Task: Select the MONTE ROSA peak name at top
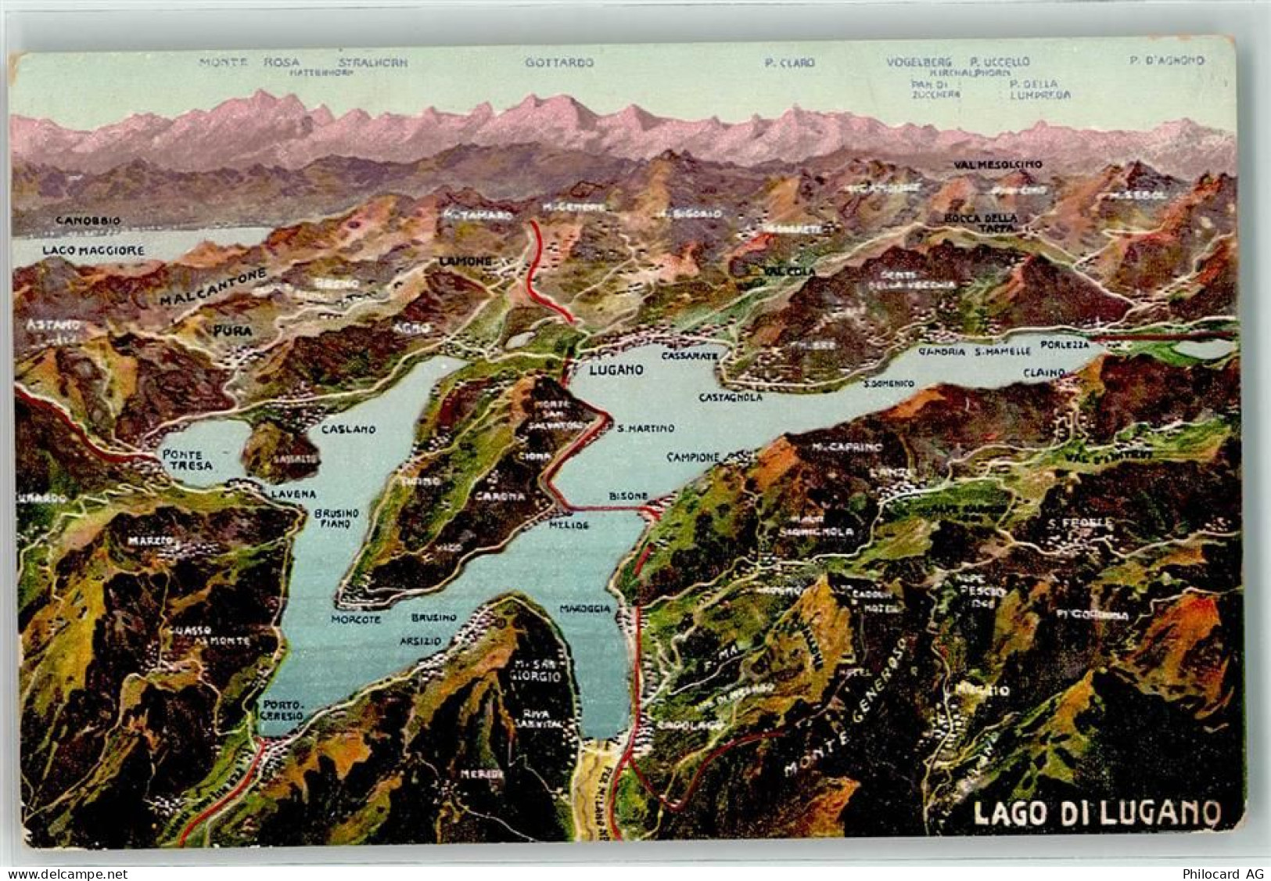pos(250,62)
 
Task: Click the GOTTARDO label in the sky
pos(559,62)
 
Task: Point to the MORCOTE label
pos(356,618)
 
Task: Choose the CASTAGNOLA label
pos(731,397)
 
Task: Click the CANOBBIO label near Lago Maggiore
pos(88,221)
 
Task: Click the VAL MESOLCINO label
pos(998,164)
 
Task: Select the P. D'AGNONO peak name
pos(1166,60)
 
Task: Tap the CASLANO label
pos(348,430)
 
